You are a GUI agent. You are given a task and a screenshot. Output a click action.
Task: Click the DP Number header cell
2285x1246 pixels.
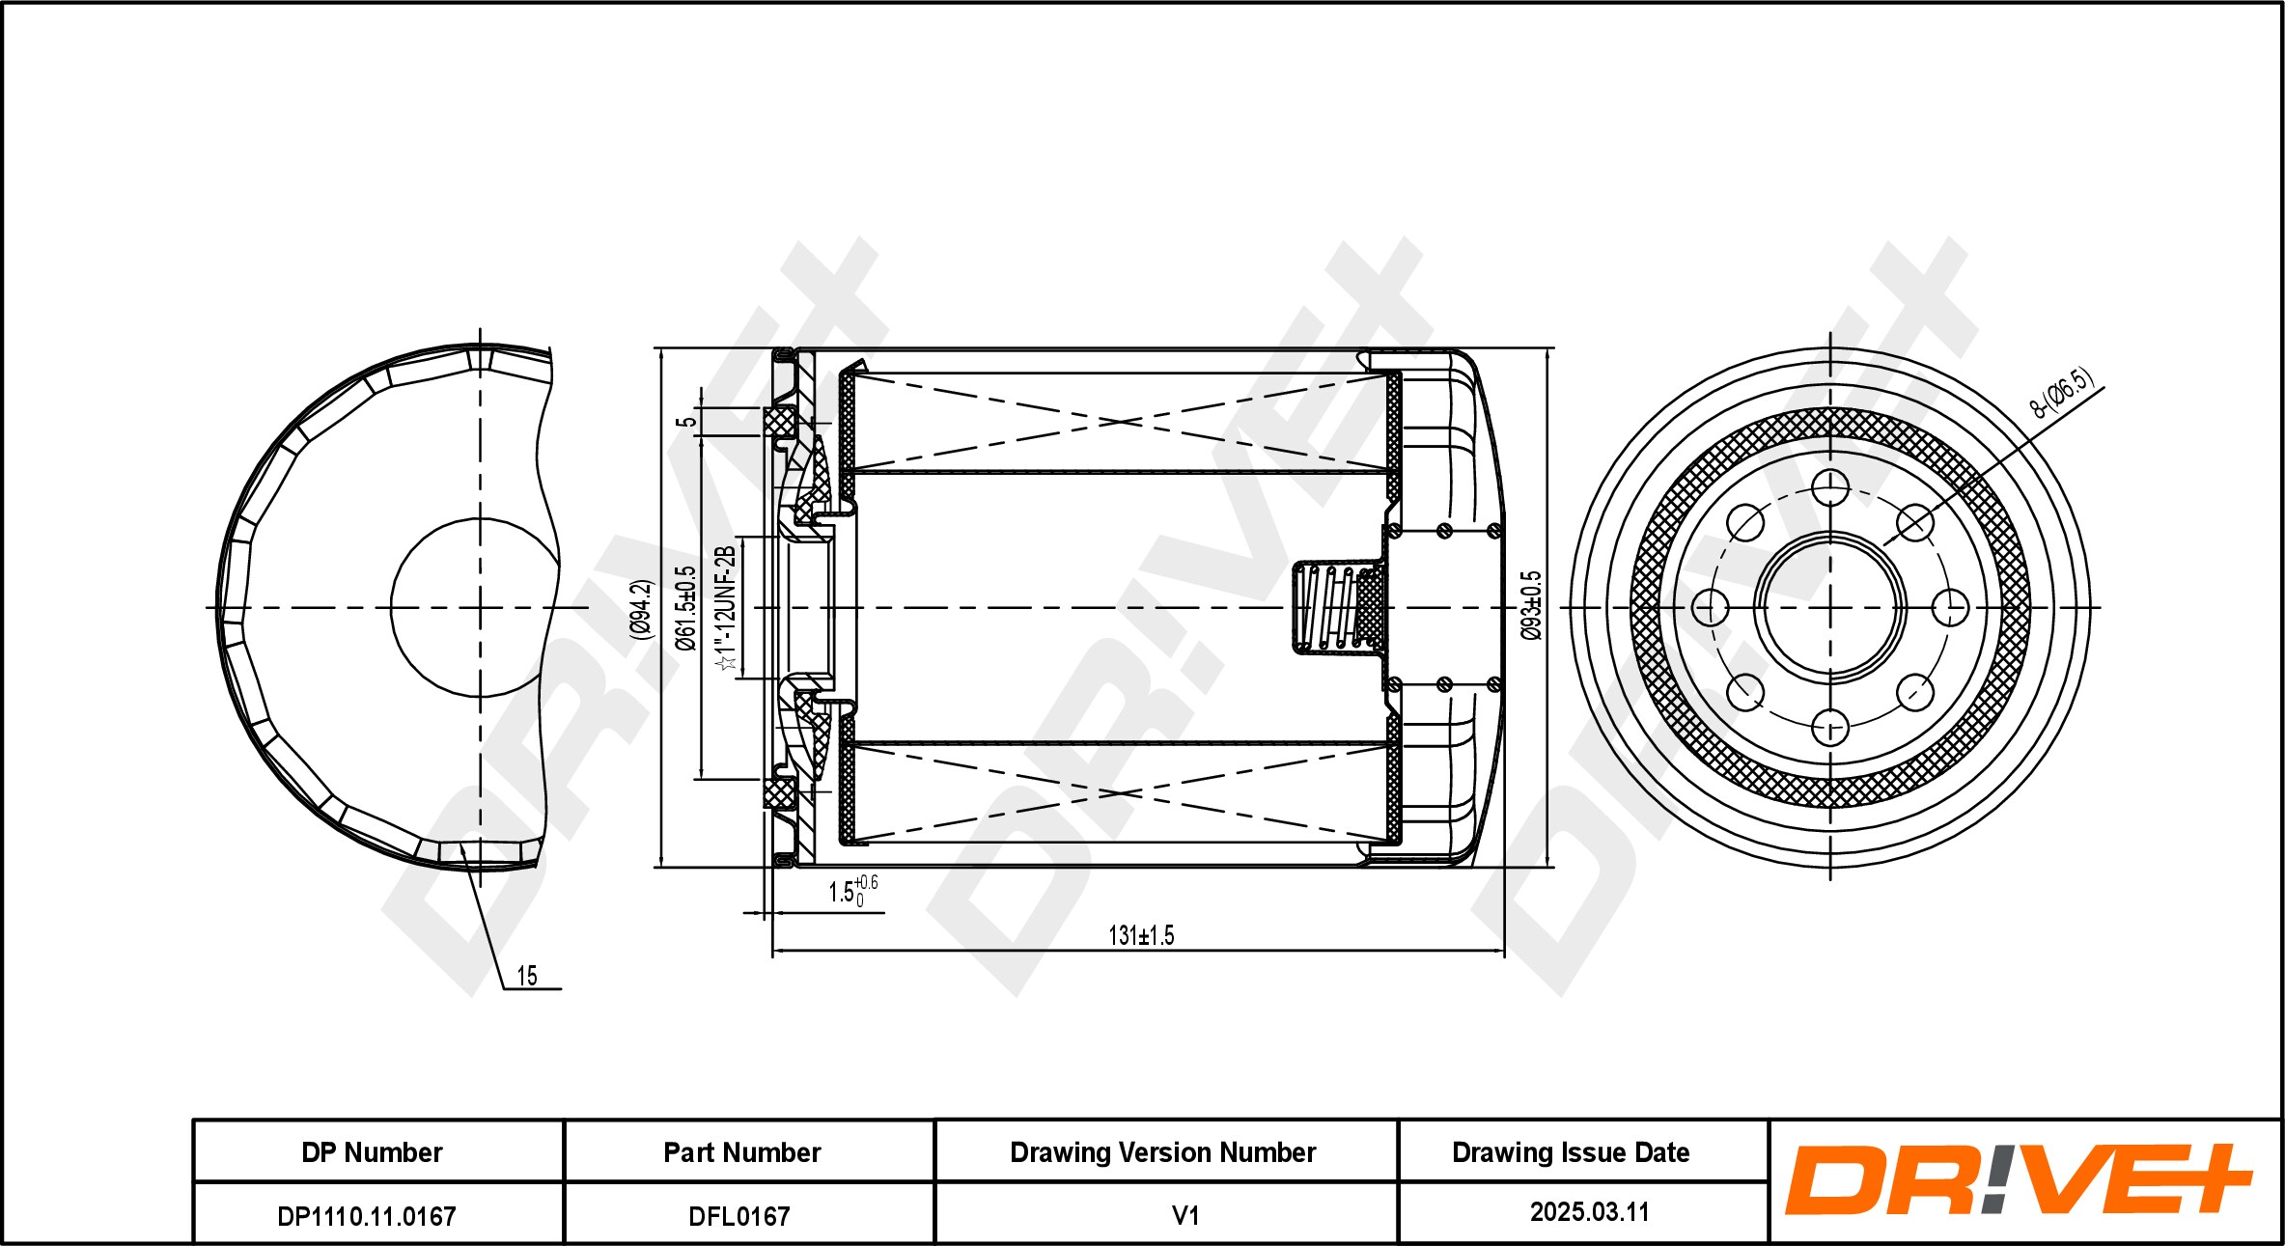[372, 1152]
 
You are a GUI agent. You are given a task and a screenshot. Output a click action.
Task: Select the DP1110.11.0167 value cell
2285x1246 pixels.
[366, 1216]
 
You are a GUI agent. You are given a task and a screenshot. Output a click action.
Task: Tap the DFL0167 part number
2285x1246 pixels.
[738, 1216]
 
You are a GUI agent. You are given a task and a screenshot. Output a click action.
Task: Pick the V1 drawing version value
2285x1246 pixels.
[1184, 1215]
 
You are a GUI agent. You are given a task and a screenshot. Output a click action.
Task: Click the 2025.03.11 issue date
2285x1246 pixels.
[1589, 1212]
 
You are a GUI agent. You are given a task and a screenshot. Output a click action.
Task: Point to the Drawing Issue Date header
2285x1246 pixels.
[1571, 1152]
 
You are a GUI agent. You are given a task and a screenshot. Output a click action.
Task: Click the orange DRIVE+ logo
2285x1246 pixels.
[2018, 1179]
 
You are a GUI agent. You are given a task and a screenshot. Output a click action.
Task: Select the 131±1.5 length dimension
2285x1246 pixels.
[1141, 935]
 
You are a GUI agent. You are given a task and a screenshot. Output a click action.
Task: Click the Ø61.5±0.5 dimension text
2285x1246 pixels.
[686, 608]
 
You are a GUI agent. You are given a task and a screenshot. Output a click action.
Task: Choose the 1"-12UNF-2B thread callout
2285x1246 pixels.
[726, 608]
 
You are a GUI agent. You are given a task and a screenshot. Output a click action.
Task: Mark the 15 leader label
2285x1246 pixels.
[527, 976]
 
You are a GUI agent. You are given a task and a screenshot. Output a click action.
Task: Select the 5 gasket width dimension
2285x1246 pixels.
[685, 422]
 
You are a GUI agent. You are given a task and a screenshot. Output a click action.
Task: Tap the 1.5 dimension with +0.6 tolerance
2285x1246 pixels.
[852, 891]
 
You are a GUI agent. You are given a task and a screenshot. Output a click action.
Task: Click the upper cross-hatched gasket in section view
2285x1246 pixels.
[780, 422]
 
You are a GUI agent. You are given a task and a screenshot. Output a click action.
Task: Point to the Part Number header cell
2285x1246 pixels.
[741, 1152]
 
